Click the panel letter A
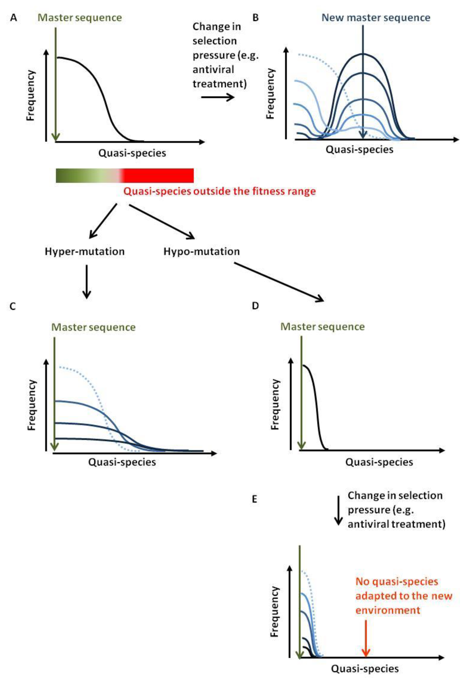pos(13,18)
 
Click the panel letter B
pos(255,18)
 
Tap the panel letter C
pos(12,306)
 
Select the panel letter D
pos(255,306)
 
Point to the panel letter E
pos(254,499)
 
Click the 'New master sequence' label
pos(376,18)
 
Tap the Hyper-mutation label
pos(85,252)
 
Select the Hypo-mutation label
pos(201,252)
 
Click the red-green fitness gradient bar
pos(124,176)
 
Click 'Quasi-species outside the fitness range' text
pos(219,191)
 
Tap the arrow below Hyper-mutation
pos(86,281)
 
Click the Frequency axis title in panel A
pos(31,95)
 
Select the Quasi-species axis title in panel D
pos(379,462)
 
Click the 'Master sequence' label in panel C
pos(93,327)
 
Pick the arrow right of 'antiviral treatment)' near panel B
pos(218,97)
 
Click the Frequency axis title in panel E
pos(275,611)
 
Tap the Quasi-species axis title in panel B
pos(359,150)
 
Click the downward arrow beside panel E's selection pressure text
pos(339,510)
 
